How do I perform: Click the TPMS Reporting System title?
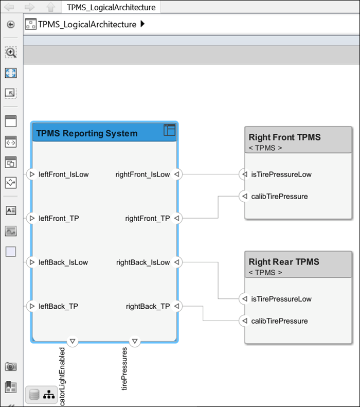87,133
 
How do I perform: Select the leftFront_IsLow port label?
64,174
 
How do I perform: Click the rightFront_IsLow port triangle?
176,174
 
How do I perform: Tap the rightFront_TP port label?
148,218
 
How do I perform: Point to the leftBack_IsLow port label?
63,262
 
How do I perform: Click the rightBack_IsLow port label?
143,262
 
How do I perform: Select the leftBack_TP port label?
59,306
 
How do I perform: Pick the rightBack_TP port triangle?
176,307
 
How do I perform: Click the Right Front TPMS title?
284,137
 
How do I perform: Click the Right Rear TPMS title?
284,262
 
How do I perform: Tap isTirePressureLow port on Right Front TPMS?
244,174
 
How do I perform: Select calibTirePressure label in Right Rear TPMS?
279,321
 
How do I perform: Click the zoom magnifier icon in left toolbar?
11,52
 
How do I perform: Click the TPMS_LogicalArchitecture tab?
111,7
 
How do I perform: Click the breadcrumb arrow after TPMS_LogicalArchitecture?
142,24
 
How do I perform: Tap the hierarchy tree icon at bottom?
50,395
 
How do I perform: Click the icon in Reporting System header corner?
169,130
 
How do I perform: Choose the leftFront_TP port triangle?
31,219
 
